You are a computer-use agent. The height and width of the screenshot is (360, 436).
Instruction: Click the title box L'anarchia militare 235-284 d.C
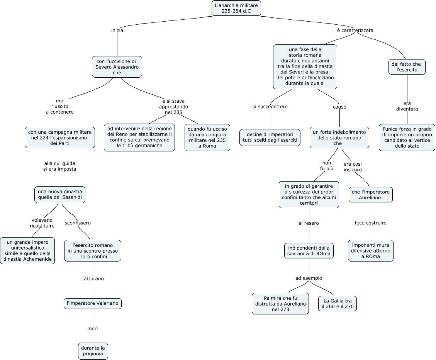(x=236, y=8)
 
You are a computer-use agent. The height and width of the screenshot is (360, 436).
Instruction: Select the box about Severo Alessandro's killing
(x=117, y=67)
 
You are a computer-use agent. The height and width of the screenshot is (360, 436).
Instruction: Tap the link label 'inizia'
(x=117, y=31)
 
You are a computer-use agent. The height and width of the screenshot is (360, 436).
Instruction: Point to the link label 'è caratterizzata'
(x=355, y=30)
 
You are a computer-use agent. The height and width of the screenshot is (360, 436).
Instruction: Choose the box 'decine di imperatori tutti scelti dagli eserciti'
(x=270, y=137)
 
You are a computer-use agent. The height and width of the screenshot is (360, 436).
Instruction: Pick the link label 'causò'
(x=339, y=107)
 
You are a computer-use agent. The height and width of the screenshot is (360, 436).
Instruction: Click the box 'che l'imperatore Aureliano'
(x=371, y=195)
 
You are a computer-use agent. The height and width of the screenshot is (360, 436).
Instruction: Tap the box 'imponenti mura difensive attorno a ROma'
(x=371, y=251)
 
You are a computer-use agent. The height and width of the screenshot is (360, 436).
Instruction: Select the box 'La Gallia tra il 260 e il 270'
(x=338, y=304)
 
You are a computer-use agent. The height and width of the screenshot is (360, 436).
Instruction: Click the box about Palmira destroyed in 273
(x=280, y=304)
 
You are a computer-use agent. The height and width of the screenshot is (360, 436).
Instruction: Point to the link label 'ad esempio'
(x=309, y=278)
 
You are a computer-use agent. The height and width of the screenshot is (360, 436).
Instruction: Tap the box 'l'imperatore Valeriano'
(x=93, y=304)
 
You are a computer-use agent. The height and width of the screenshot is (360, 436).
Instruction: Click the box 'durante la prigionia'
(x=93, y=351)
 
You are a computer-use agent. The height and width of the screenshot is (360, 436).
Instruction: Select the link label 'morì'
(x=93, y=328)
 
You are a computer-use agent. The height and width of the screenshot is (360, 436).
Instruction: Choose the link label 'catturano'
(x=93, y=278)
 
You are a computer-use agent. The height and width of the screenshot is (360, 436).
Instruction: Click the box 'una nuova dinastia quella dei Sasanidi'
(x=60, y=195)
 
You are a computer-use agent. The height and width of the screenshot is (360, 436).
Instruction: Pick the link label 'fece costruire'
(x=371, y=223)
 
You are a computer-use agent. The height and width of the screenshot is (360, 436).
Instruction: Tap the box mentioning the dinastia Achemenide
(x=27, y=251)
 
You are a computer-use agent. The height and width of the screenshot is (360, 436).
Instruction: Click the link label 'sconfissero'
(x=78, y=223)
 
